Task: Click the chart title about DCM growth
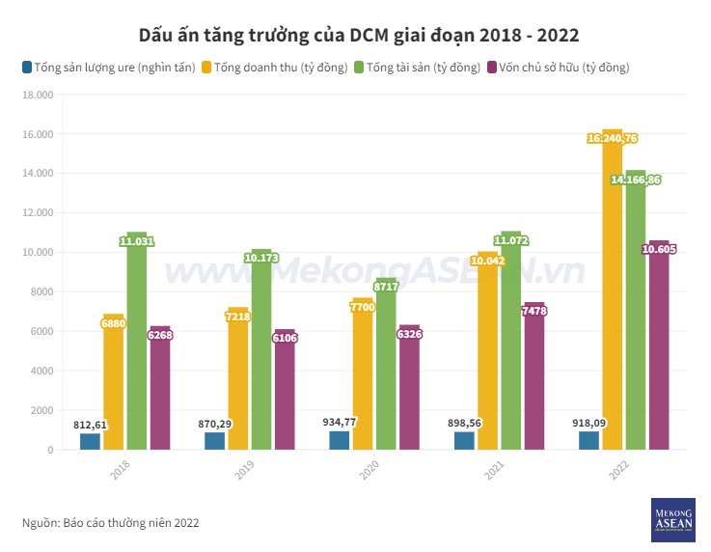click(x=359, y=36)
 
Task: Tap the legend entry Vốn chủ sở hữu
click(x=559, y=68)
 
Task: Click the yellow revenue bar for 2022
click(x=613, y=290)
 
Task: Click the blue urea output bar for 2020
click(x=340, y=440)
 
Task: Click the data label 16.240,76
click(x=613, y=139)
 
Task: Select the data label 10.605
click(x=659, y=250)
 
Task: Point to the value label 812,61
click(x=91, y=425)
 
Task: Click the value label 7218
click(x=238, y=316)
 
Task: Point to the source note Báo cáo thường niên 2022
click(x=111, y=522)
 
